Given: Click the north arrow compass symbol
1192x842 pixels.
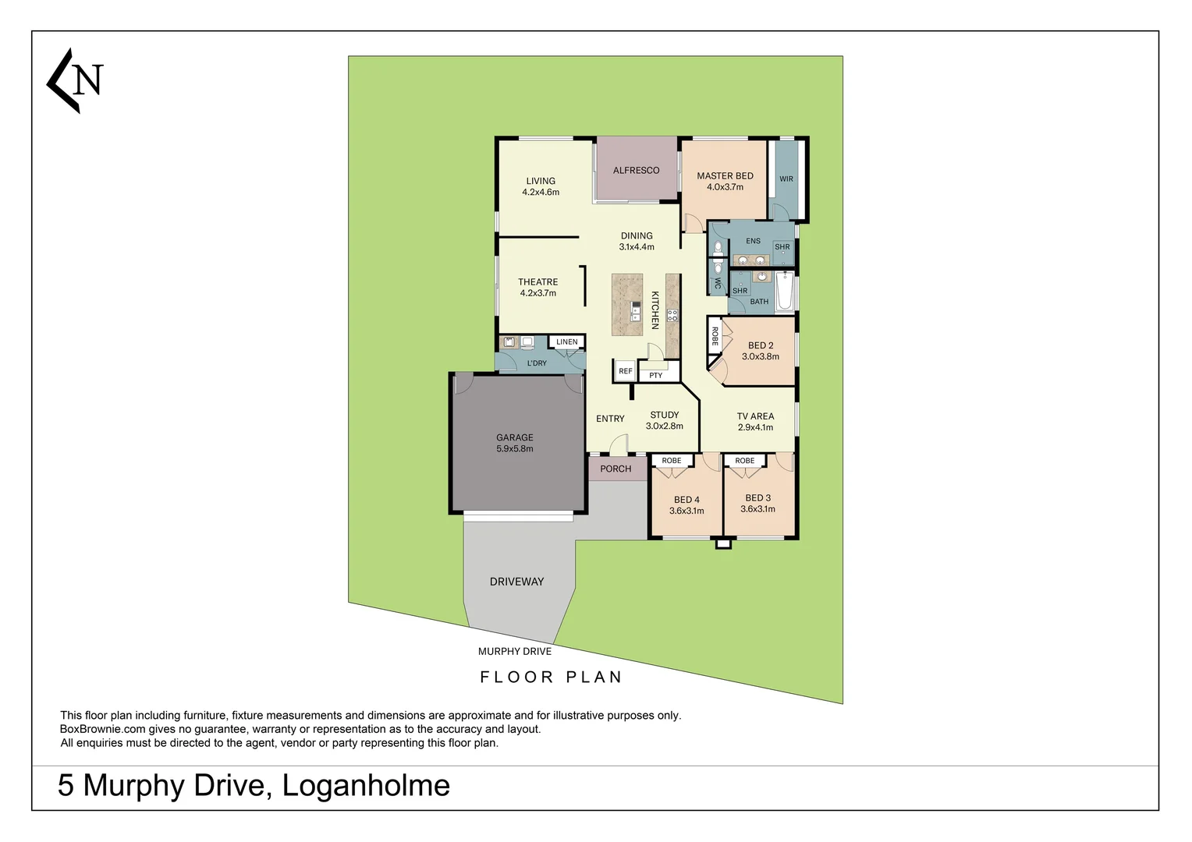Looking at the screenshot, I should [x=75, y=80].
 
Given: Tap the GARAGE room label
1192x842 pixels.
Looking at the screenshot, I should [x=515, y=437].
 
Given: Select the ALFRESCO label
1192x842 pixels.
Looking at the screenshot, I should [x=636, y=170].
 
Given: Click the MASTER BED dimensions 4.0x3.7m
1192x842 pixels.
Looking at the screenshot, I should [x=725, y=187].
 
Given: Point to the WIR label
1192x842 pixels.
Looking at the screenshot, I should [x=786, y=179].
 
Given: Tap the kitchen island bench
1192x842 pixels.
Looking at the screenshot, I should [x=627, y=304].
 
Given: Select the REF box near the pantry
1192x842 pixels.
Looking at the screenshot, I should [x=626, y=371].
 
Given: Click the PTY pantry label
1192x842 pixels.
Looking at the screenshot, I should [x=656, y=375].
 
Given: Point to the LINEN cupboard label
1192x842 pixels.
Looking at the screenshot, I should [x=567, y=341].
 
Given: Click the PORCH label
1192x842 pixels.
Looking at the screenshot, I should [x=616, y=469].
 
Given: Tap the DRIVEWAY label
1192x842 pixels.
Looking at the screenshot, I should [x=516, y=582].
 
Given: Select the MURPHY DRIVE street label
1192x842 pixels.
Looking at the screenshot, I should [x=515, y=651].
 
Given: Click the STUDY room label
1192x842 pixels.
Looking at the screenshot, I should [x=665, y=415].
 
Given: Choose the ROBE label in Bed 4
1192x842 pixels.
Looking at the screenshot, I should [x=672, y=461].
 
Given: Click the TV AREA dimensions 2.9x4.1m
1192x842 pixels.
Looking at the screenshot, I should [x=755, y=427].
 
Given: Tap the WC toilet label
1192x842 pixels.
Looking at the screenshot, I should [x=718, y=283].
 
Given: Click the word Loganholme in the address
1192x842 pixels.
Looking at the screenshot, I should [x=366, y=785].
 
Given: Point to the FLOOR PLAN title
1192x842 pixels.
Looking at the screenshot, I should [x=551, y=677].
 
